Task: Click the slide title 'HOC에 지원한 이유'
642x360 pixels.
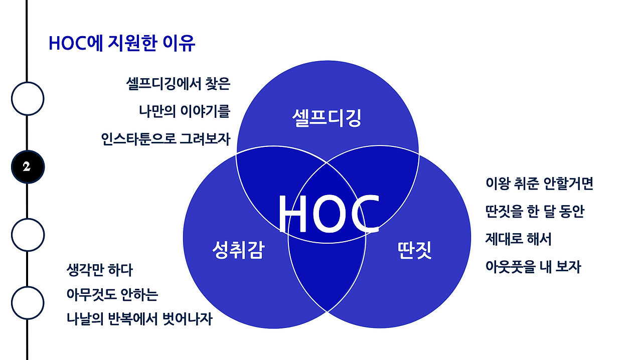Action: point(121,44)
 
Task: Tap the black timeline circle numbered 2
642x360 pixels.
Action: point(28,166)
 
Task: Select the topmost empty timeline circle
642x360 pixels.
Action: point(28,98)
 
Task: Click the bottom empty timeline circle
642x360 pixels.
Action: point(28,303)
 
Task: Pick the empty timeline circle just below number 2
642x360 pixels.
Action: point(28,235)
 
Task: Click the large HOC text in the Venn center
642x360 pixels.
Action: point(329,215)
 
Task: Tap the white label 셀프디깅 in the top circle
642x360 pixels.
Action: point(327,118)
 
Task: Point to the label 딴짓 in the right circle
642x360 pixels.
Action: point(414,250)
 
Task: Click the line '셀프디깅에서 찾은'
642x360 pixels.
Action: point(178,84)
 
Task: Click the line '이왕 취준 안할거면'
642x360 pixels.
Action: point(539,184)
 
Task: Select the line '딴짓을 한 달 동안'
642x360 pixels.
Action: point(534,212)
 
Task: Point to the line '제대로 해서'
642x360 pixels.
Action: point(518,239)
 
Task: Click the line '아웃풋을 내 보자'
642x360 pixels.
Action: point(533,267)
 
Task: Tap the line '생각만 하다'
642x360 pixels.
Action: point(99,270)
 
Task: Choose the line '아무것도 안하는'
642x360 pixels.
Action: point(112,294)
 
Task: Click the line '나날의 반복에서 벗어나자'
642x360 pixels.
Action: point(139,319)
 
